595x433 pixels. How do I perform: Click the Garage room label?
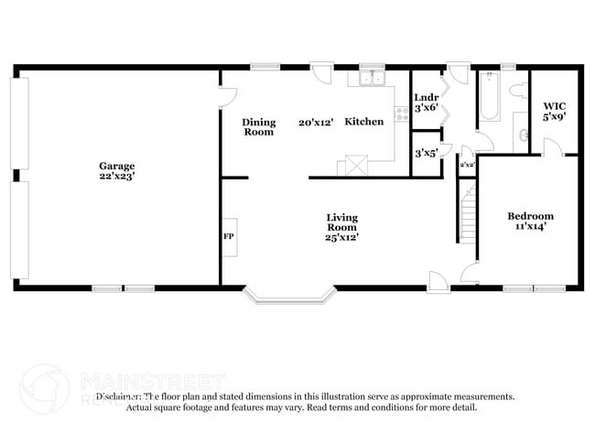coord(117,166)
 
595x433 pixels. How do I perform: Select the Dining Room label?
coord(258,127)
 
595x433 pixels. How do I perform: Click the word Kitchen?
coord(363,122)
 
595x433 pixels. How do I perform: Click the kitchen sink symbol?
coord(372,80)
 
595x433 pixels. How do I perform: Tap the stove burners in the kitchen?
coord(401,114)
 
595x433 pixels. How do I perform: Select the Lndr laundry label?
coord(426,97)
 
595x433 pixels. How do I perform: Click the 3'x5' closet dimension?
coord(426,153)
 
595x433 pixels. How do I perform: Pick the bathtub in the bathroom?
coord(488,99)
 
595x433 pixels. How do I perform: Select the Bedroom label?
coord(530,216)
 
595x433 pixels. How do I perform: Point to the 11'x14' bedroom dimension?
coord(530,226)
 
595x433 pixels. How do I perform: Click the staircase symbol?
coord(468,210)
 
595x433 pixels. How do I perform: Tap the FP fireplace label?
coord(229,237)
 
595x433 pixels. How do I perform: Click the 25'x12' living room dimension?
coord(341,237)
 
